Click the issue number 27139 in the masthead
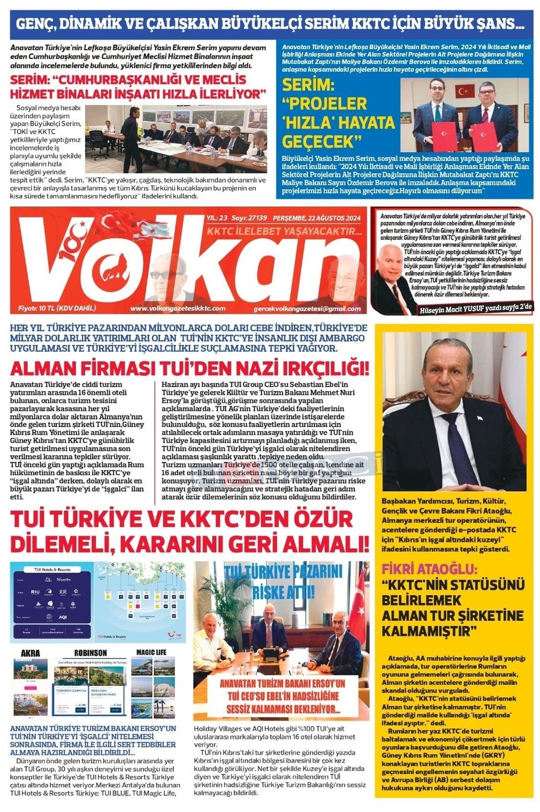pos(256,218)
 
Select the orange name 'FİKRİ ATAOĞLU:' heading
pos(429,569)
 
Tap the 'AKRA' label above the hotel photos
pos(31,653)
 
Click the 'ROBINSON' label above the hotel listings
pos(90,653)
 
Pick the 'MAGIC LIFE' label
pos(151,652)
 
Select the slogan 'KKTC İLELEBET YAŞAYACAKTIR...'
pos(284,232)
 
